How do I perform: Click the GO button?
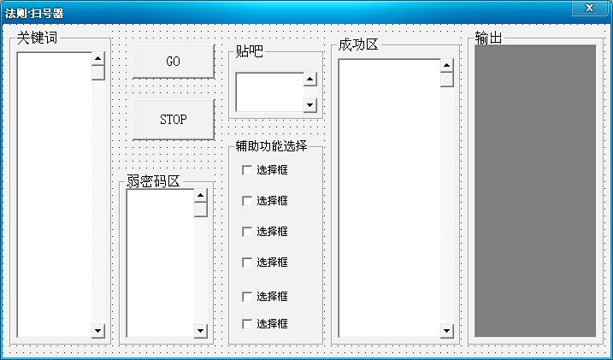(173, 62)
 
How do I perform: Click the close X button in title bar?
(588, 8)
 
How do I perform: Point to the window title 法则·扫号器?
(34, 14)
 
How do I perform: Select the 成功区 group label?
(358, 44)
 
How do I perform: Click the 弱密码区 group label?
(154, 180)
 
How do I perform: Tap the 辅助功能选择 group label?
(271, 146)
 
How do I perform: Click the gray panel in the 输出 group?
(535, 190)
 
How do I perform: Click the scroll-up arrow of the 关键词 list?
(97, 59)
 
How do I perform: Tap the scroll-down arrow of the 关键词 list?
(97, 330)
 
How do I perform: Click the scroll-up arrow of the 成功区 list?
(446, 66)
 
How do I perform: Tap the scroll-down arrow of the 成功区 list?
(446, 330)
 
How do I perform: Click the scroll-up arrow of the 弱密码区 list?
(200, 196)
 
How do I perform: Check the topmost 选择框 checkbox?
(248, 170)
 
